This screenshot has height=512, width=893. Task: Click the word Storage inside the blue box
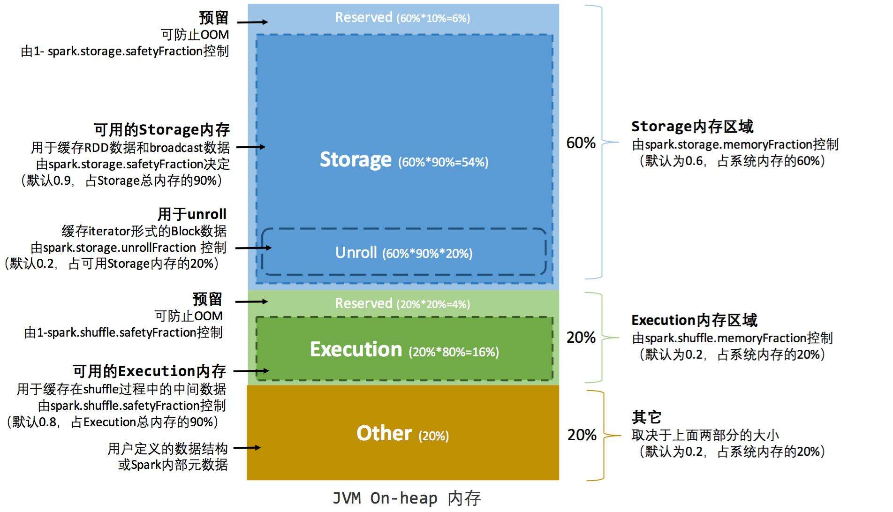[356, 160]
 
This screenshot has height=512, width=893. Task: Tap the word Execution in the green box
[356, 350]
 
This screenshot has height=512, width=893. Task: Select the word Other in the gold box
[384, 433]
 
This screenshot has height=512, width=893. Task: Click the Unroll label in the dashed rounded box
[356, 253]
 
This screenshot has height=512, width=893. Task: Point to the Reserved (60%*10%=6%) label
[402, 18]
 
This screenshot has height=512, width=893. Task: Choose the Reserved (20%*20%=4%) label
[402, 304]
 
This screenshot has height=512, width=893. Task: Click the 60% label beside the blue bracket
[581, 143]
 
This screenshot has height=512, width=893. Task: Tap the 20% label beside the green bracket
[581, 338]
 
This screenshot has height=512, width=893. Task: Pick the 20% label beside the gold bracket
[582, 435]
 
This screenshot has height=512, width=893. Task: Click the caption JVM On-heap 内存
[406, 498]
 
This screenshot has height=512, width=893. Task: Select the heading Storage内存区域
[692, 127]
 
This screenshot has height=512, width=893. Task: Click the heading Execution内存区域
[694, 321]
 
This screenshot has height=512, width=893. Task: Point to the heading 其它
[646, 417]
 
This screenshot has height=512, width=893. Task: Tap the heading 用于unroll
[191, 214]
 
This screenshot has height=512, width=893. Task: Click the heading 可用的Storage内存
[161, 130]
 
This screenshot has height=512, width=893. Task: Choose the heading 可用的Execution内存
[149, 371]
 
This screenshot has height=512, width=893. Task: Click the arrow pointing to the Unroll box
[253, 248]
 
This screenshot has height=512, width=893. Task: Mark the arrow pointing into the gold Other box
[247, 448]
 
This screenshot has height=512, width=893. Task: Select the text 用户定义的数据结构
[167, 449]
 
